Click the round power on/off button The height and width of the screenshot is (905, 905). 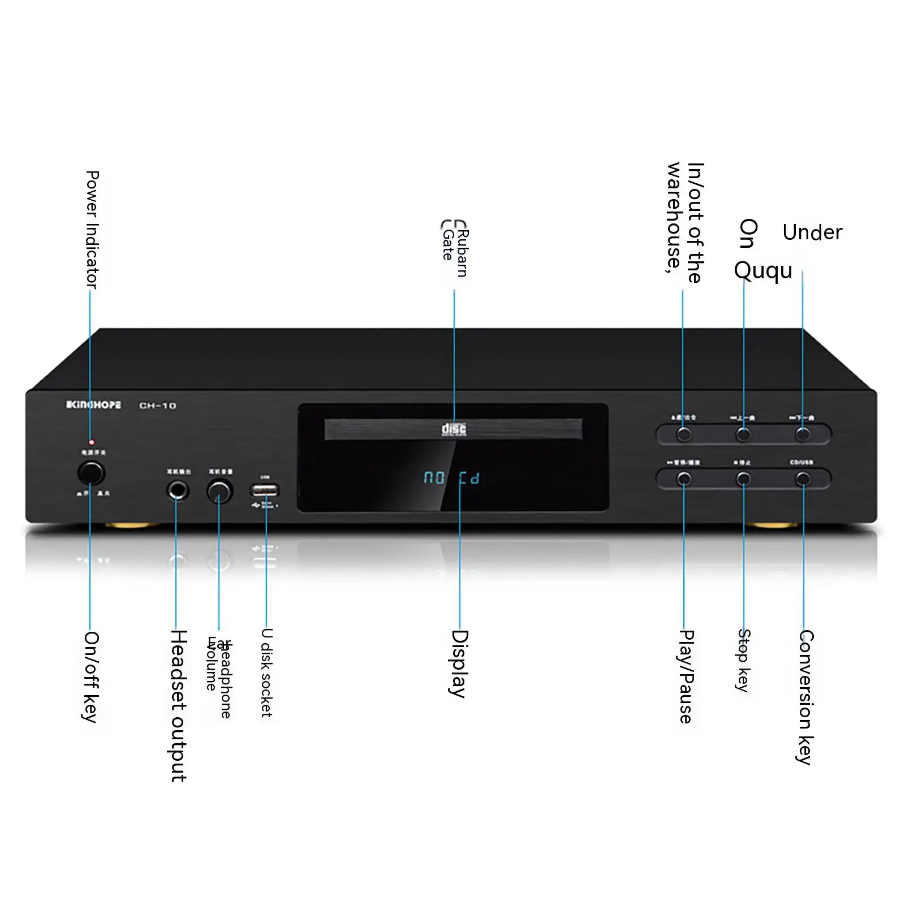tap(91, 473)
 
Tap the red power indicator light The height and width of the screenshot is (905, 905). tap(92, 442)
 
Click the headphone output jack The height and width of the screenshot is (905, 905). tap(178, 490)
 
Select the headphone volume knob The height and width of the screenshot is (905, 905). tap(220, 491)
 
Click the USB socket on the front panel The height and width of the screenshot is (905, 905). tap(265, 490)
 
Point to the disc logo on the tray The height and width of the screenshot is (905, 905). tap(454, 429)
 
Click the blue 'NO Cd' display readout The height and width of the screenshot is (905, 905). tap(451, 479)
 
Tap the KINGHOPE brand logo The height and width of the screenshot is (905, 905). tap(93, 405)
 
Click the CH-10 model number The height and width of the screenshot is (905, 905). tap(158, 406)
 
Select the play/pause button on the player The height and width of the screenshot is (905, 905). tap(684, 480)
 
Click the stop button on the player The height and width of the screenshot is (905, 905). tap(743, 480)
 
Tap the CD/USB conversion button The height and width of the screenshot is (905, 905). tap(803, 480)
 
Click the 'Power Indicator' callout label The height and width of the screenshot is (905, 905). tap(92, 230)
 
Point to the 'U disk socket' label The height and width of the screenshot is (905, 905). tap(266, 673)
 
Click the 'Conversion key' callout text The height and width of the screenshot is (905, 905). tap(805, 697)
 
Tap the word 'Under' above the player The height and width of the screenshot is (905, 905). tap(812, 232)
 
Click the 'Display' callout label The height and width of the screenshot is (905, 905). tap(459, 663)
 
